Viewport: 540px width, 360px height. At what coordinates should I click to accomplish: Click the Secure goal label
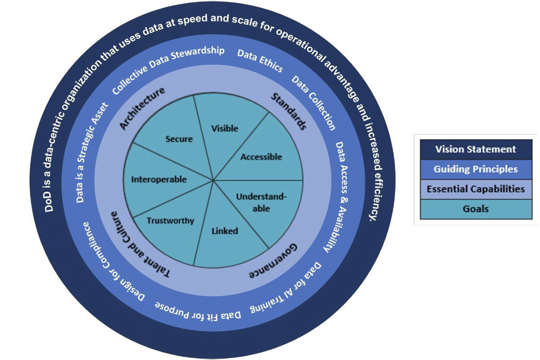(x=179, y=139)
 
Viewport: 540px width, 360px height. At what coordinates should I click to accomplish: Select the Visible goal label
(x=225, y=128)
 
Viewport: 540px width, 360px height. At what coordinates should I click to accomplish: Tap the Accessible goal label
(x=261, y=157)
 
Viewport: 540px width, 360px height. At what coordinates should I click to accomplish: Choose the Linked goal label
(x=225, y=231)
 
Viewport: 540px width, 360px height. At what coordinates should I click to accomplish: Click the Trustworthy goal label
(x=170, y=221)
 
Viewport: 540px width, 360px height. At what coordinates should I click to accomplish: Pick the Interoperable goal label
(x=159, y=179)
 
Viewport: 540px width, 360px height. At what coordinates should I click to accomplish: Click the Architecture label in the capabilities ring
(x=142, y=108)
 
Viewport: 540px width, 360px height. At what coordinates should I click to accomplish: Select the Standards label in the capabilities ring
(x=289, y=111)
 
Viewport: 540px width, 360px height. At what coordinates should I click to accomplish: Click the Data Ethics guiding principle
(x=260, y=61)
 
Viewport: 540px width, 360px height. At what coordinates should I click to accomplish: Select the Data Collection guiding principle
(x=314, y=103)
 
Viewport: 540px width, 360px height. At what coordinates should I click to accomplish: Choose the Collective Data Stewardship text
(x=168, y=70)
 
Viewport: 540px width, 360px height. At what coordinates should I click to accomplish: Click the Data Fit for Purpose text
(x=198, y=311)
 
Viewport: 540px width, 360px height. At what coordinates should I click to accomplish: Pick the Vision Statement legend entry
(x=475, y=149)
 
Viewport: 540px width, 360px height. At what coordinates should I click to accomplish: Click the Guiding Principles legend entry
(x=475, y=169)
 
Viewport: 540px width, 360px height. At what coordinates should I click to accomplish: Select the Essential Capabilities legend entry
(x=475, y=189)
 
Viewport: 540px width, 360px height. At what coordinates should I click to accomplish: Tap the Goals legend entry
(x=475, y=209)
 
